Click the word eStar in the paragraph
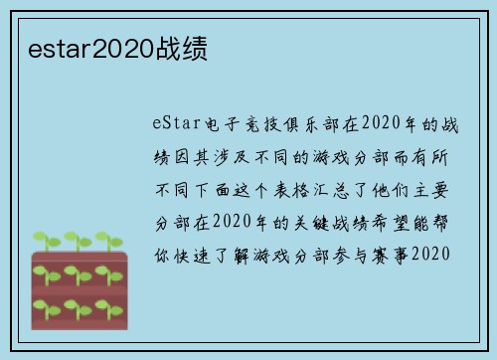click(x=176, y=124)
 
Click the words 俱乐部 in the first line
click(x=298, y=124)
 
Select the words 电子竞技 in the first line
click(x=236, y=124)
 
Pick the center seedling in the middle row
click(x=75, y=271)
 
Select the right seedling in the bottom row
click(x=106, y=303)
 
